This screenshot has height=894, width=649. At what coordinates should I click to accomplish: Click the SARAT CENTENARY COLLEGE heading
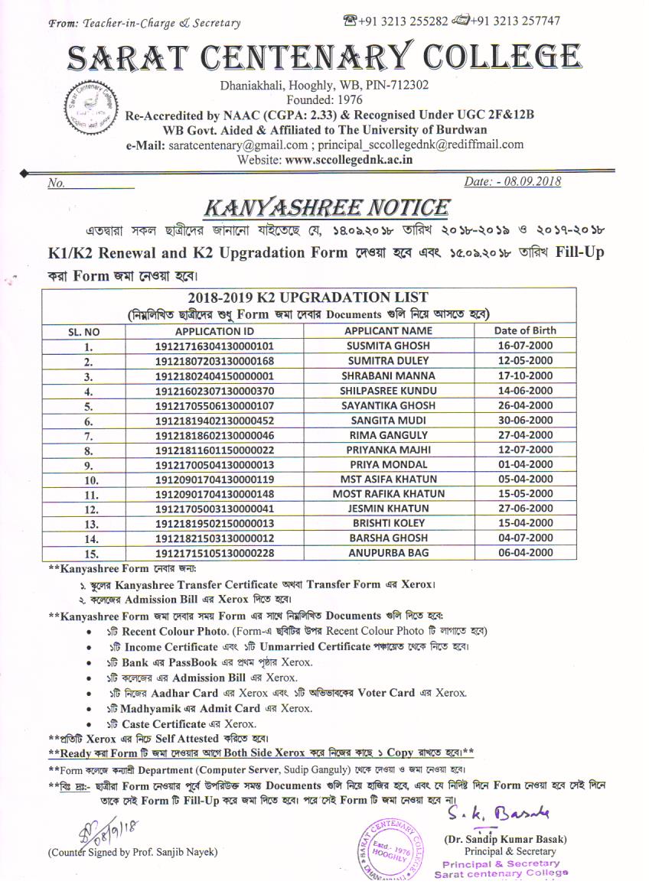point(324,56)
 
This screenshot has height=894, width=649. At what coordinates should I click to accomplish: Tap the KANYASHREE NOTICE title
point(325,207)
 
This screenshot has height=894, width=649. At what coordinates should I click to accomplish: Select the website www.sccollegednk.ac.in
point(349,160)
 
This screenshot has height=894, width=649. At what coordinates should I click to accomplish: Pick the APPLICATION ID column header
point(214,331)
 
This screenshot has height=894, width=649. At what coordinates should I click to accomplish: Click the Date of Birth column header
point(525,330)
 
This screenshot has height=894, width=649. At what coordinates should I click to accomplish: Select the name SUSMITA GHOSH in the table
point(389,346)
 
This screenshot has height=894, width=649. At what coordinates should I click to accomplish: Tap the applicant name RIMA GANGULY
point(389,434)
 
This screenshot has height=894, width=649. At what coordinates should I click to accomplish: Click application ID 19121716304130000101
point(214,346)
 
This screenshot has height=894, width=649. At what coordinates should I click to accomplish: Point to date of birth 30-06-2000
point(525,420)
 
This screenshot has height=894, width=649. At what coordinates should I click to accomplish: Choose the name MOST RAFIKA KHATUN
point(389,493)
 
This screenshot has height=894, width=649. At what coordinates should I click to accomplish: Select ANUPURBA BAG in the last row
point(389,553)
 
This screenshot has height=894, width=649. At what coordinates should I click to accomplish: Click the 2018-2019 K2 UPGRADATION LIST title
point(308,297)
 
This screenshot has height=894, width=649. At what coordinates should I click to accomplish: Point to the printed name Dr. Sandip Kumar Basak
point(504,839)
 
